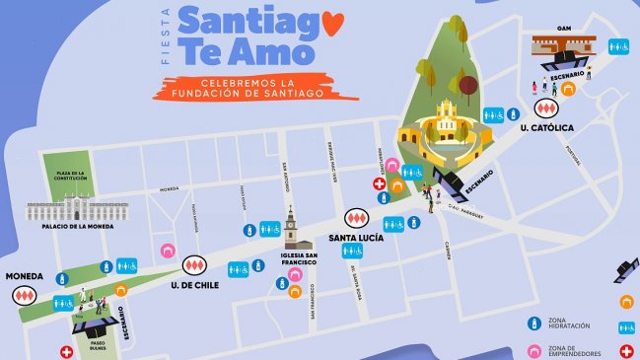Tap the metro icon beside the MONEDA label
(x=21, y=292)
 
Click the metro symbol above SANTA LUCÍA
(x=355, y=219)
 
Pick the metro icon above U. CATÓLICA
(x=544, y=107)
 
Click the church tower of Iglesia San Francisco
(x=290, y=229)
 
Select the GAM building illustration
(x=564, y=44)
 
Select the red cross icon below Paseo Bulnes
(x=67, y=351)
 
